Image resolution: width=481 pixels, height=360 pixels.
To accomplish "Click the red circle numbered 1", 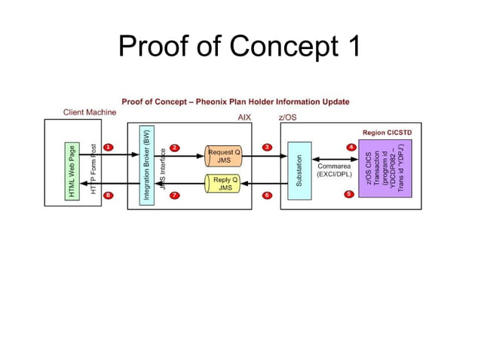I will pyautogui.click(x=108, y=147).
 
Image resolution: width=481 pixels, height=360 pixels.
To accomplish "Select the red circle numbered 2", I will pyautogui.click(x=175, y=147).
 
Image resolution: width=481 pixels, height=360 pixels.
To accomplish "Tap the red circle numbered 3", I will pyautogui.click(x=267, y=147).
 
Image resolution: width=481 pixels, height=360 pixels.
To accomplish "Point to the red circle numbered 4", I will pyautogui.click(x=351, y=146).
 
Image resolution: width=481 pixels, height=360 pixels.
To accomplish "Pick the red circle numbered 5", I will pyautogui.click(x=348, y=194).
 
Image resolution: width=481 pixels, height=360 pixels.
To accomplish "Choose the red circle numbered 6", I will pyautogui.click(x=267, y=195).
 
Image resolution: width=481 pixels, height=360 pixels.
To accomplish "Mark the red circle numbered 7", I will pyautogui.click(x=175, y=195).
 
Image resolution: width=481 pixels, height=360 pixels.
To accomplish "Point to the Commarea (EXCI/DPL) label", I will pyautogui.click(x=333, y=170).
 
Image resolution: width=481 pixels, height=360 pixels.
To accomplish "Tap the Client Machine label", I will pyautogui.click(x=89, y=112).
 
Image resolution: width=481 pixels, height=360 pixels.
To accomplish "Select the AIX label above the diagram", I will pyautogui.click(x=244, y=117).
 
